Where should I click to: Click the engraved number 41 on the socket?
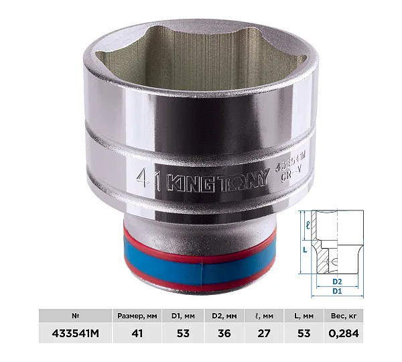click(149, 180)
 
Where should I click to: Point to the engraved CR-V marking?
click(291, 176)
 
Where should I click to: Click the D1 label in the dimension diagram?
click(337, 291)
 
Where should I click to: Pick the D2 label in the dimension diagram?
click(337, 282)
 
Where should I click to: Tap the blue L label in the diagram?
click(305, 249)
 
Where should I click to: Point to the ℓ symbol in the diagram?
click(308, 225)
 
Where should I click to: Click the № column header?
click(75, 316)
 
